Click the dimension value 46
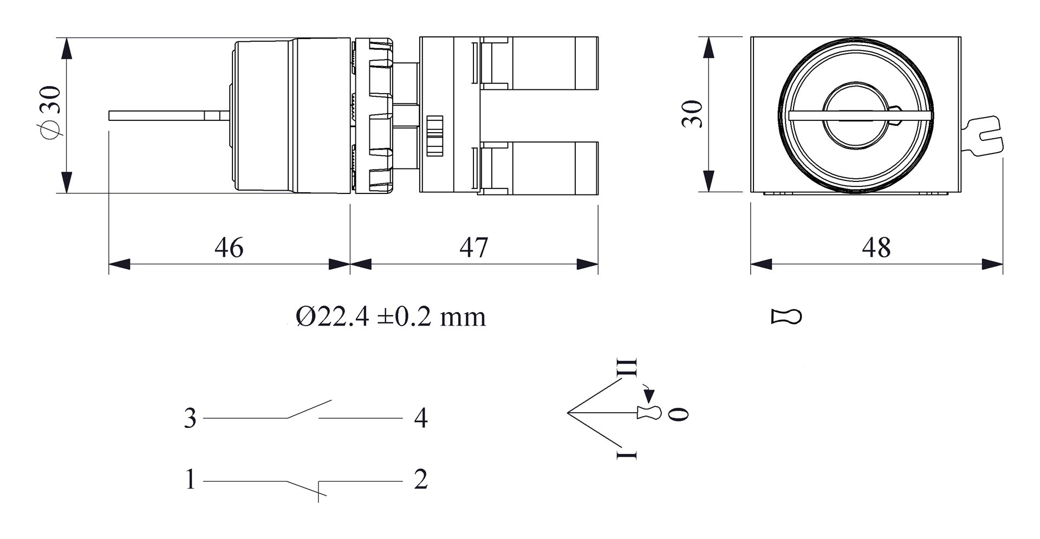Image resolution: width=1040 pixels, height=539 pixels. (x=229, y=248)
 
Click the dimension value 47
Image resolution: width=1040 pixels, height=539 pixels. (x=473, y=248)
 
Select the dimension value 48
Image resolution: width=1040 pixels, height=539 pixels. (x=876, y=248)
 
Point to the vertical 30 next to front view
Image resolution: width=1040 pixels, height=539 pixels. (x=692, y=114)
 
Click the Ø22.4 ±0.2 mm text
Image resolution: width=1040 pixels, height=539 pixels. (x=391, y=317)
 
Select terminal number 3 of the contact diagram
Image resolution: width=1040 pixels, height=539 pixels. (x=190, y=419)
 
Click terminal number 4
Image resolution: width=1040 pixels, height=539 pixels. (x=420, y=419)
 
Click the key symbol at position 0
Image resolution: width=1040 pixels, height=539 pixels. (x=649, y=413)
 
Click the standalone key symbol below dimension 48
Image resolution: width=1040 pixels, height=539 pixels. (x=786, y=317)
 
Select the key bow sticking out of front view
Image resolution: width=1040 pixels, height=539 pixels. (x=983, y=137)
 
